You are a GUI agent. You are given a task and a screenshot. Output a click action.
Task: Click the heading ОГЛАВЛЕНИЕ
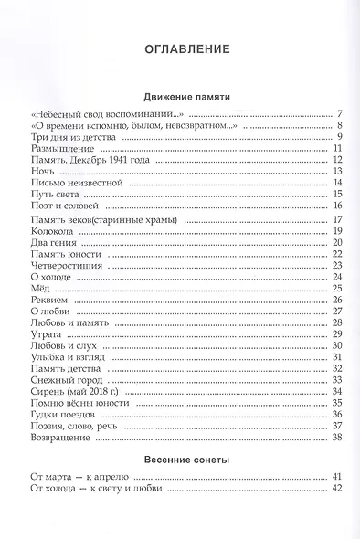tap(180, 48)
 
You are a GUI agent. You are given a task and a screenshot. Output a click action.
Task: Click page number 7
tap(338, 113)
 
